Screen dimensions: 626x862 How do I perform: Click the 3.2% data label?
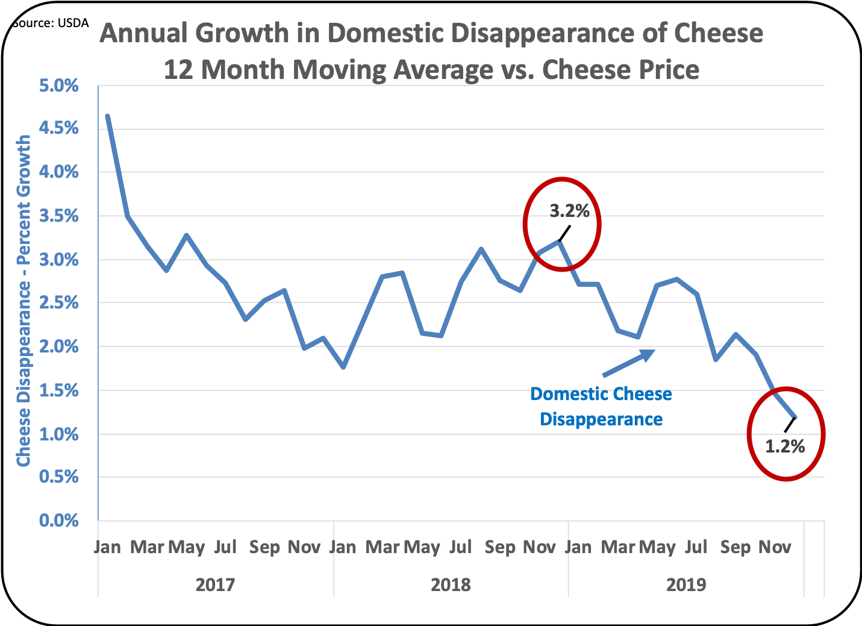point(569,211)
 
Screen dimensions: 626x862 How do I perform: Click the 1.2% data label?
point(785,446)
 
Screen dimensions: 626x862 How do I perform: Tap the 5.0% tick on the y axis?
point(59,86)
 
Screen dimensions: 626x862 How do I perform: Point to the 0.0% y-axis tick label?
point(59,520)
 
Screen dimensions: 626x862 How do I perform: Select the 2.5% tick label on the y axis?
point(59,302)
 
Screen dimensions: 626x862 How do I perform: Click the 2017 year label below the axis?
point(215,584)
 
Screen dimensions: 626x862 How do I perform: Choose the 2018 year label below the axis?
point(451,584)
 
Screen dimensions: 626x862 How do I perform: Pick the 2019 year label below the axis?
point(686,584)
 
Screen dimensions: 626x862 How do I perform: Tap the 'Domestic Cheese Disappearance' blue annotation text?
point(601,407)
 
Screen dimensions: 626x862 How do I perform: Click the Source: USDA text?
point(50,23)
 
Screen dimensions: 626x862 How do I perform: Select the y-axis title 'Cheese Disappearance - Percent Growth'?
point(23,300)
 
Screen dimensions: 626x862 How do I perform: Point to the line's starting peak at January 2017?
point(107,116)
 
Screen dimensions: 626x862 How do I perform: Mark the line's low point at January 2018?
point(343,367)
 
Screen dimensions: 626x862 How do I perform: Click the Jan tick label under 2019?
point(578,547)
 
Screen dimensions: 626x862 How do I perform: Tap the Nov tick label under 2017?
point(304,547)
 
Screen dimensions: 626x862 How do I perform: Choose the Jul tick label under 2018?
point(460,547)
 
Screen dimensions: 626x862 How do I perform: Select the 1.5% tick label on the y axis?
point(59,390)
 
